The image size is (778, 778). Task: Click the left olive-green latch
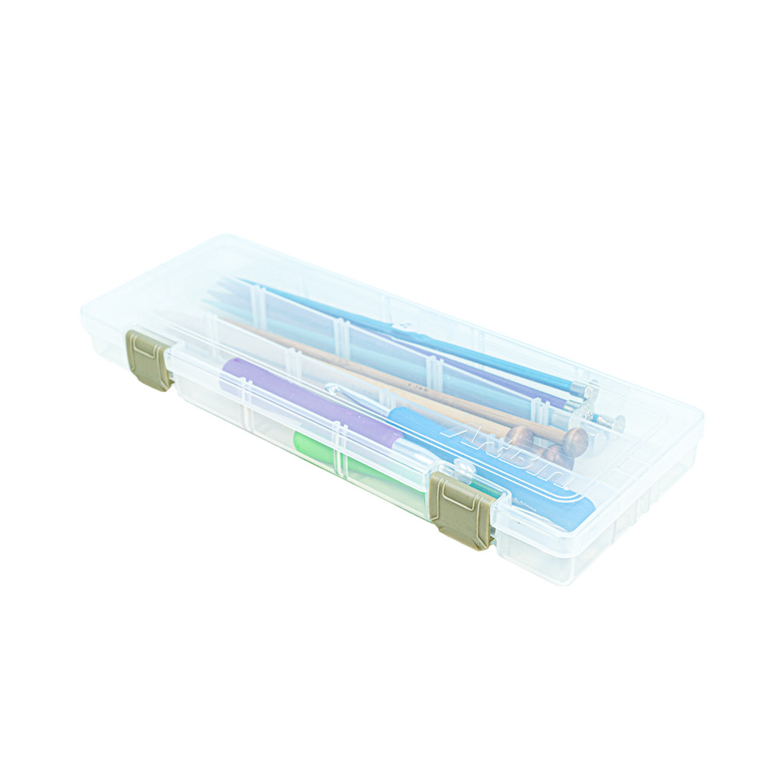pyautogui.click(x=149, y=359)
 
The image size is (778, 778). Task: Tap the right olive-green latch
pyautogui.click(x=461, y=510)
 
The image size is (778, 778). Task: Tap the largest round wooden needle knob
pyautogui.click(x=576, y=441)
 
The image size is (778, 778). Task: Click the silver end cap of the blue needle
pyautogui.click(x=615, y=422)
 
